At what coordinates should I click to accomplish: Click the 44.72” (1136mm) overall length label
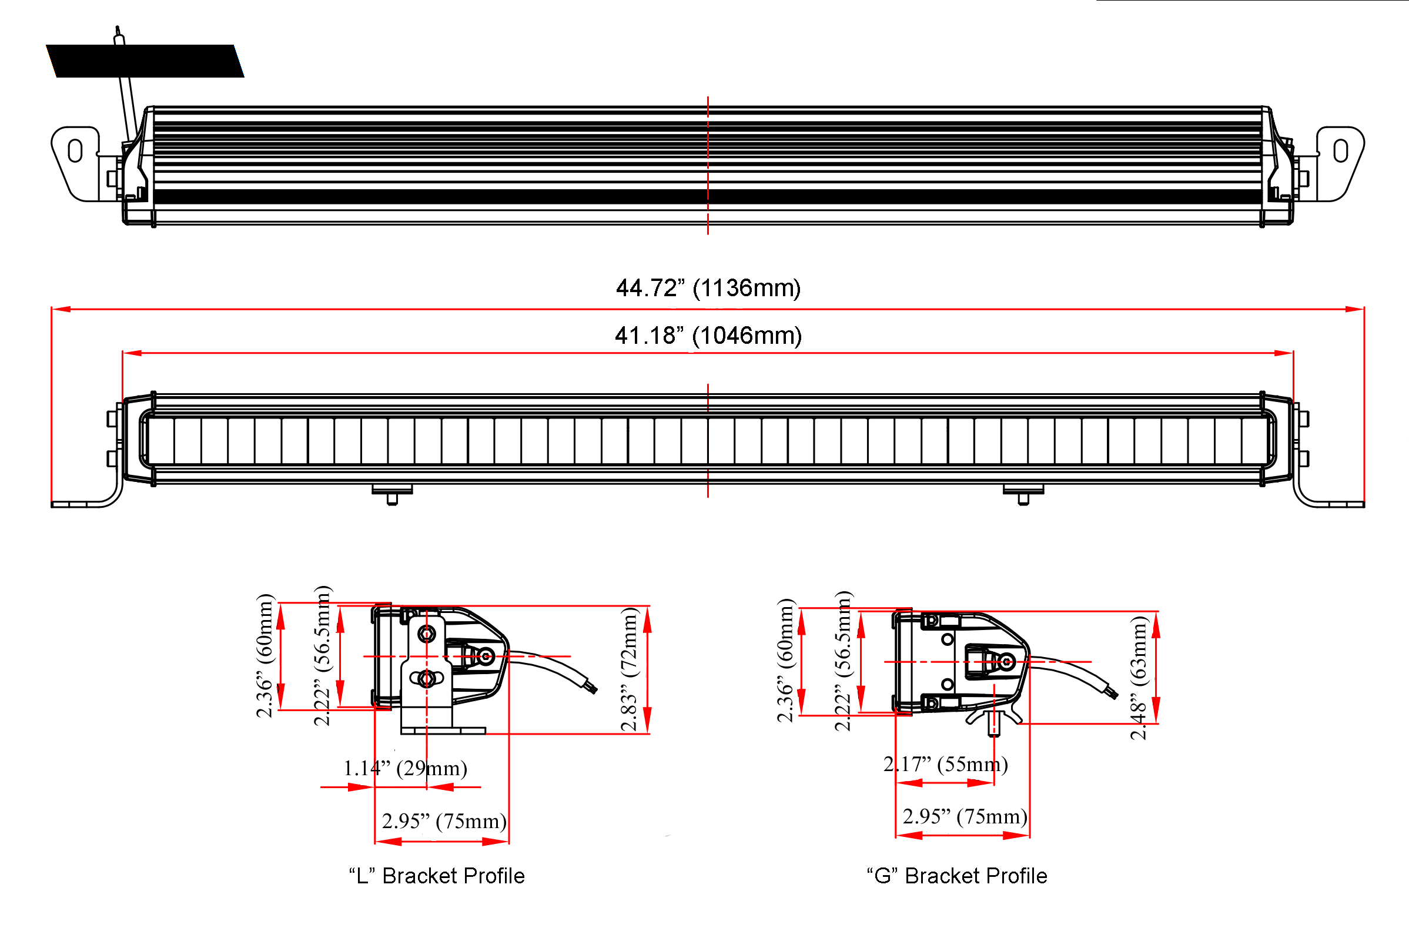708,288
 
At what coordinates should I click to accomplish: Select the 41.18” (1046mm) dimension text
708,336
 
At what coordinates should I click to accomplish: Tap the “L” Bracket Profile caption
437,876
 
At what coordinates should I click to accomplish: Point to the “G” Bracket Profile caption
957,876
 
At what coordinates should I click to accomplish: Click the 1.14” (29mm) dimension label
405,768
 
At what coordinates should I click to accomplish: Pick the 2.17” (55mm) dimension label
945,764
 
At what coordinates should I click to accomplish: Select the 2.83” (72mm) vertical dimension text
629,669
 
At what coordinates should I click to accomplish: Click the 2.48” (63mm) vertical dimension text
1139,678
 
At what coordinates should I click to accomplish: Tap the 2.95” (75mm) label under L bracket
444,822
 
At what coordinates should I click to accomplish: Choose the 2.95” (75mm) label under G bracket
965,816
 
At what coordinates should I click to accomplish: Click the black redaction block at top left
145,61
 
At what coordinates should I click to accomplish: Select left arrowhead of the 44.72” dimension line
61,309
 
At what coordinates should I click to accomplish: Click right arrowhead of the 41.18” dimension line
1285,353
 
